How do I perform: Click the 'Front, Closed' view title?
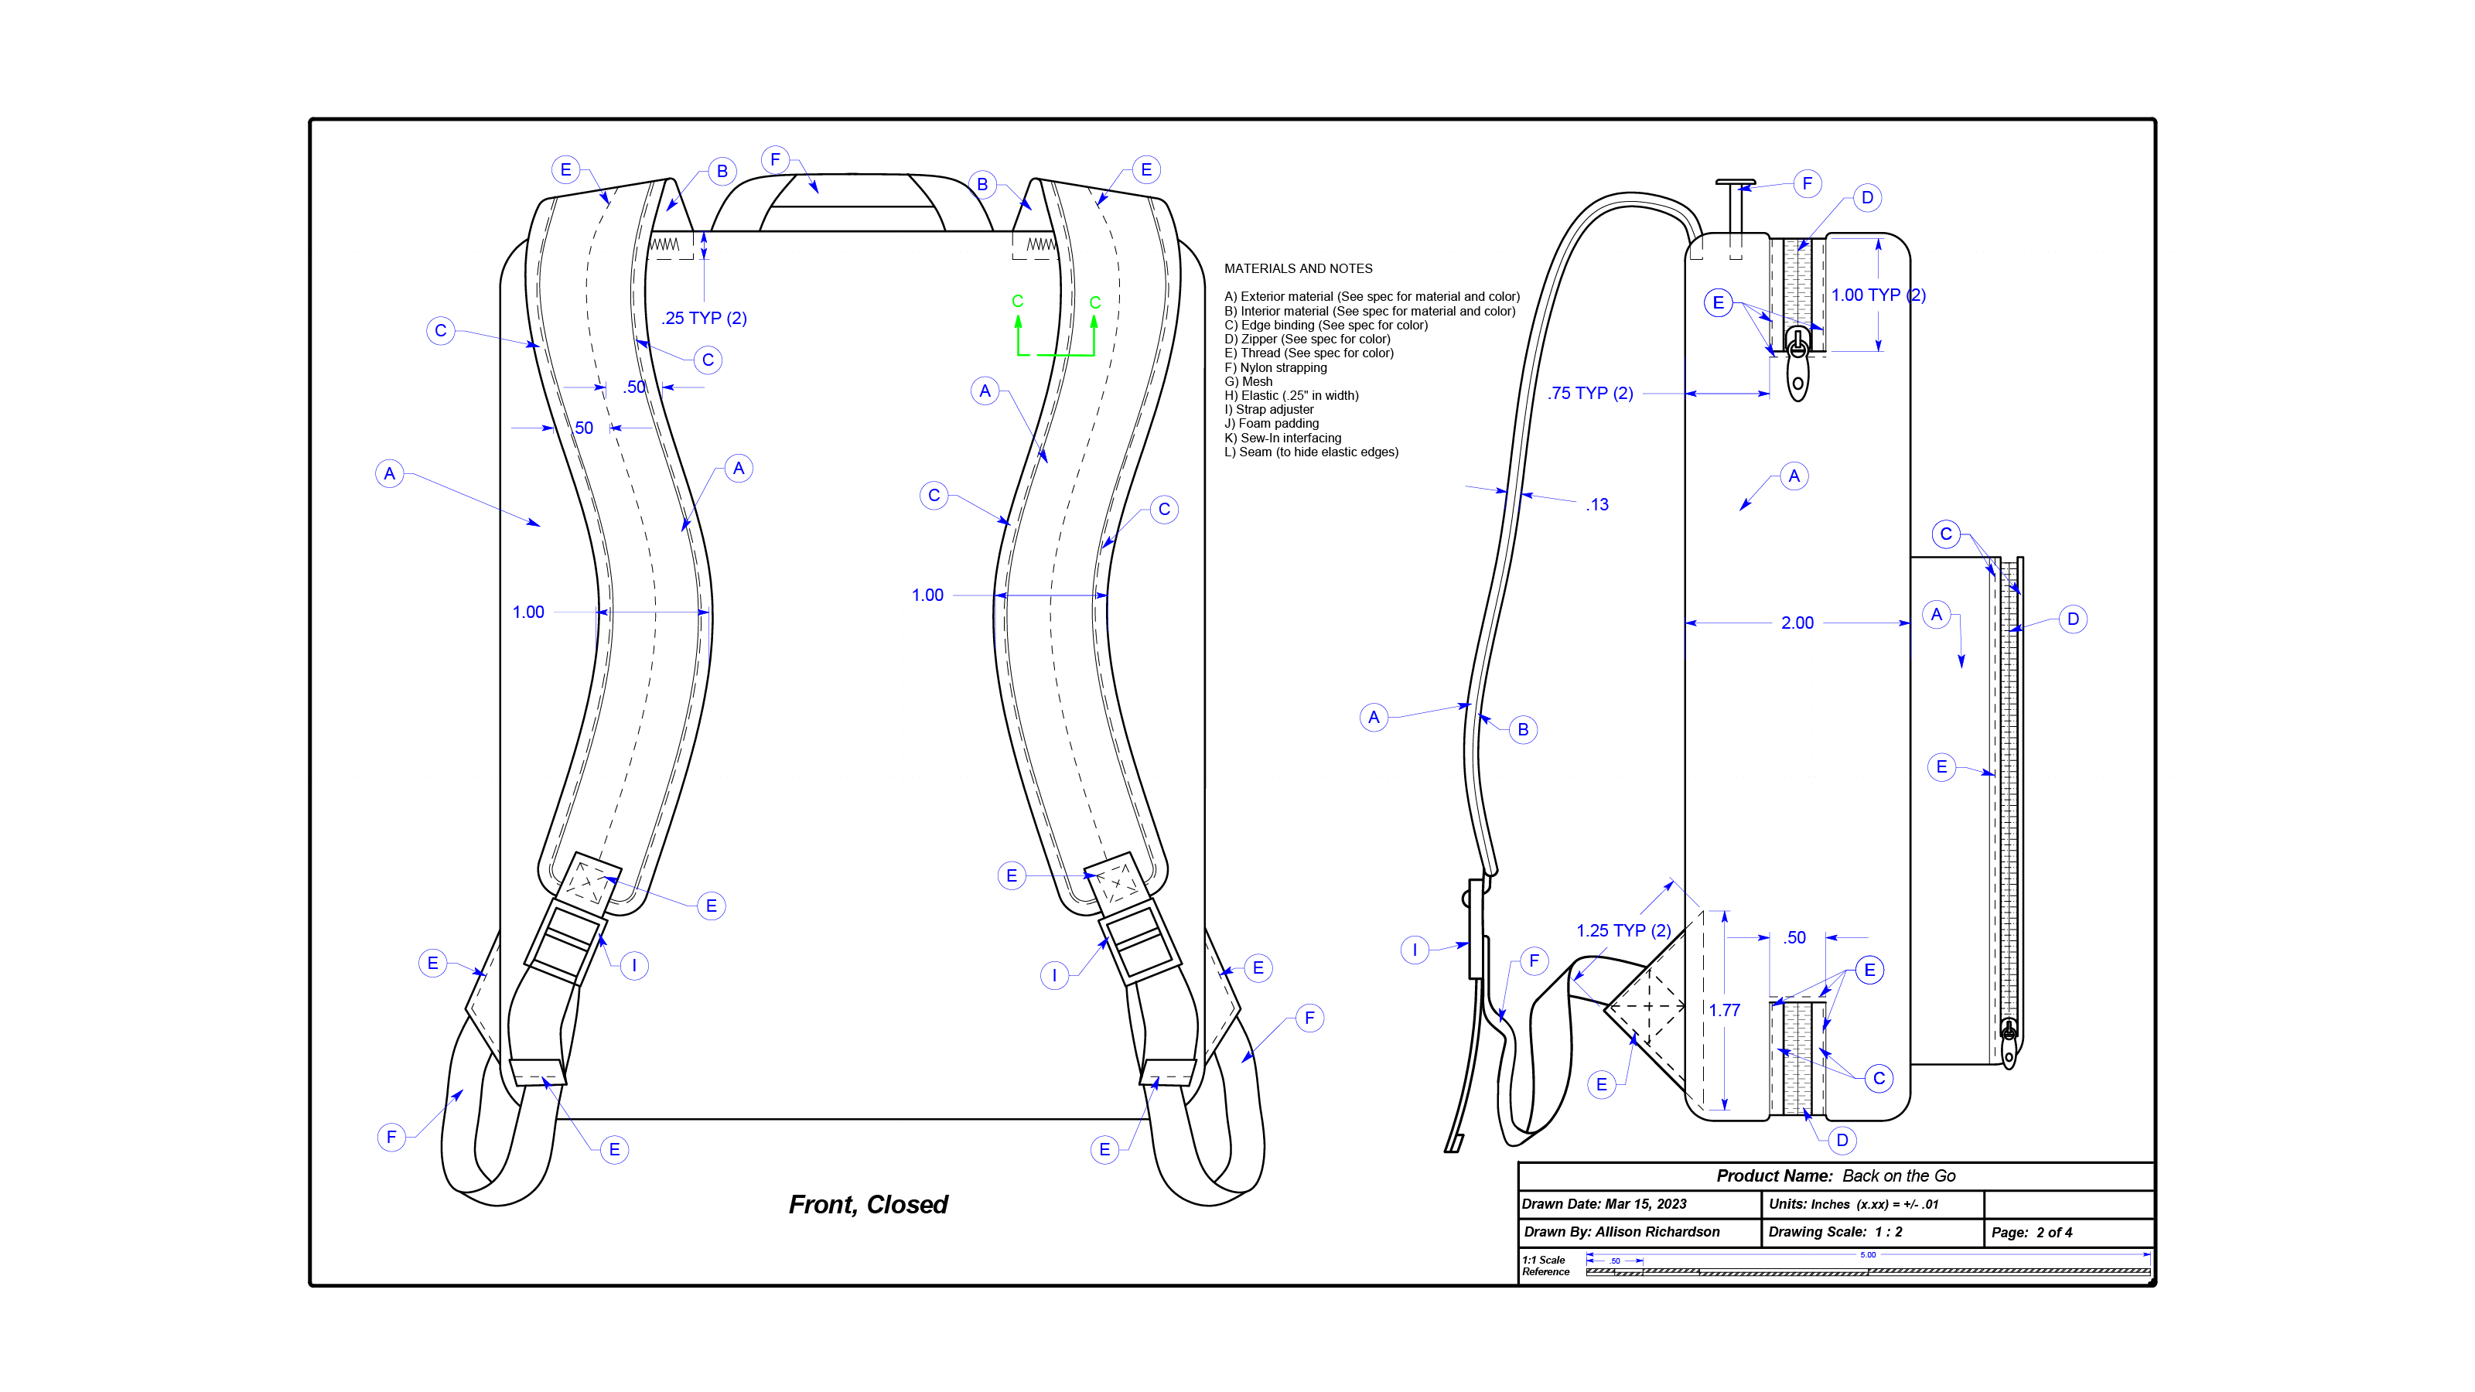pos(868,1205)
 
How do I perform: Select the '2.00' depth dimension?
pos(1797,623)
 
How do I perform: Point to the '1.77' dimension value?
pos(1725,1011)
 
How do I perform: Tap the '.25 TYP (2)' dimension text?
pos(705,318)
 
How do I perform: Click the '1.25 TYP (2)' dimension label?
pos(1623,931)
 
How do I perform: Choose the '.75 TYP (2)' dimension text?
pos(1591,393)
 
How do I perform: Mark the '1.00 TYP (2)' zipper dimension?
pos(1877,295)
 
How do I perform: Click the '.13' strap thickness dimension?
pos(1597,504)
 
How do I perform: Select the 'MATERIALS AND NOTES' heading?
pos(1298,269)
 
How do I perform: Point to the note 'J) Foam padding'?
pos(1271,424)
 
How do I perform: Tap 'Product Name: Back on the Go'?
pos(1835,1175)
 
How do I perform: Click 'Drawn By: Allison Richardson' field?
pos(1622,1233)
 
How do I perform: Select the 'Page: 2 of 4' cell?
pos(2031,1233)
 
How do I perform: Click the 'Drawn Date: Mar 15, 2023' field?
pos(1605,1204)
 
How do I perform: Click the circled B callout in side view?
pos(1523,730)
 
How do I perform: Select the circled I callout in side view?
pos(1415,950)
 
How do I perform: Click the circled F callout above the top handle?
pos(775,159)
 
